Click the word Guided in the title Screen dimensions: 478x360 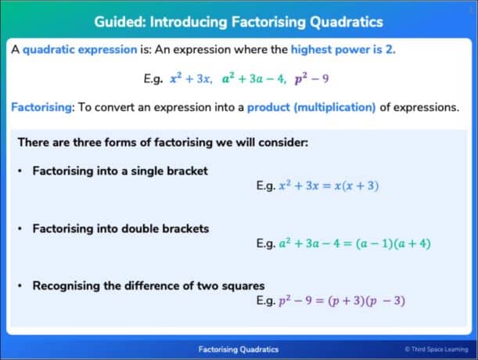120,22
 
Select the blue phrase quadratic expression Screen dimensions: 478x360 80,50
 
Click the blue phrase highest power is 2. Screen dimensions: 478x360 343,49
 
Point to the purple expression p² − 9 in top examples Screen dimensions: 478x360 311,79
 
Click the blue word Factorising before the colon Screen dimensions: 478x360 41,107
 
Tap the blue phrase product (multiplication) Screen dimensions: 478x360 311,108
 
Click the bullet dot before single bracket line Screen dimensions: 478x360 20,171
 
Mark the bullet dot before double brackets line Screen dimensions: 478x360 20,229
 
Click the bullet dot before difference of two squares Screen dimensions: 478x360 20,286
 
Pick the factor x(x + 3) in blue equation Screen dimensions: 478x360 357,185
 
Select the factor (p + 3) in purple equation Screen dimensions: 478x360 347,301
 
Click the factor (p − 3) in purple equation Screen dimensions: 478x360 386,301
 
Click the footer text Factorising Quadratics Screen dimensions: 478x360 239,349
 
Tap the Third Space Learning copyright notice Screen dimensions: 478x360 437,349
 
